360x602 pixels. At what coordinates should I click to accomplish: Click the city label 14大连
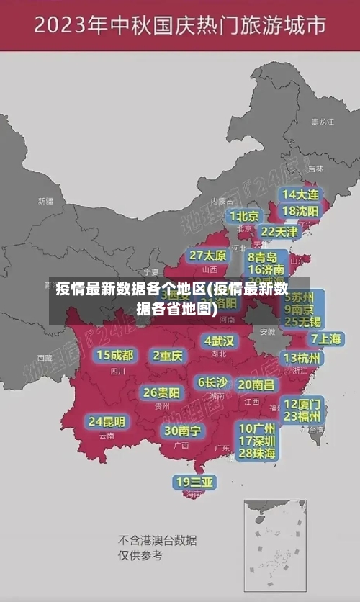[x=301, y=194]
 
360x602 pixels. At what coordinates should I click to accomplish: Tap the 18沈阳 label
[x=301, y=210]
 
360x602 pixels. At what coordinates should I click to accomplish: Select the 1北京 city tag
[x=245, y=215]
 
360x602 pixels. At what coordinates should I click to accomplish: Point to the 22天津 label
[x=279, y=232]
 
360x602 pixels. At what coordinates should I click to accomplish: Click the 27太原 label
[x=208, y=255]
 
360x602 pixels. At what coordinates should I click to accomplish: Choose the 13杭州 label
[x=302, y=358]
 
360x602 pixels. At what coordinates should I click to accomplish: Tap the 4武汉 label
[x=219, y=341]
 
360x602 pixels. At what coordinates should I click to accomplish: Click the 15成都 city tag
[x=115, y=355]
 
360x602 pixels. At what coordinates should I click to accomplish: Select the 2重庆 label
[x=168, y=355]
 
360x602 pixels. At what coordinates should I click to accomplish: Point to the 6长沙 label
[x=212, y=382]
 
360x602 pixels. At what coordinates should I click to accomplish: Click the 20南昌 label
[x=256, y=385]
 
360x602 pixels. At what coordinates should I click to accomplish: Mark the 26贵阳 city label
[x=161, y=392]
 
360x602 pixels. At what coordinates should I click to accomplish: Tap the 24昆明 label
[x=107, y=421]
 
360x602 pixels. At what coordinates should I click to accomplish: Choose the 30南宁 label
[x=182, y=431]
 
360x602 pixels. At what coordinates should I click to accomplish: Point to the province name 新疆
[x=45, y=201]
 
